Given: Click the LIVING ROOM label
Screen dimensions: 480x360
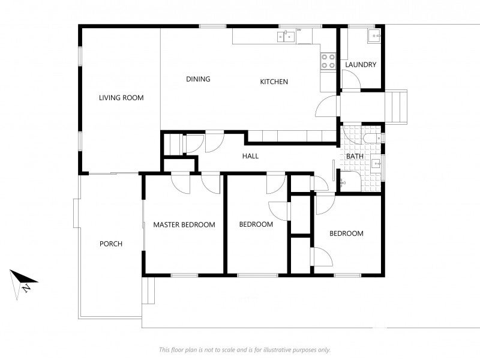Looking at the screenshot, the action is (x=121, y=98).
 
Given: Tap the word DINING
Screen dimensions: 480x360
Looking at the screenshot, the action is (x=198, y=79).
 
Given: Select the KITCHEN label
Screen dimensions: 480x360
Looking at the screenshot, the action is (x=274, y=82).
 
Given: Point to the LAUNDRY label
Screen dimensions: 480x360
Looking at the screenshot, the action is (x=361, y=65).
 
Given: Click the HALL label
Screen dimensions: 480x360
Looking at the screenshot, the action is (x=250, y=156).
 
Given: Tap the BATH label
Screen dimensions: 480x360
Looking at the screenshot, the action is (x=355, y=156).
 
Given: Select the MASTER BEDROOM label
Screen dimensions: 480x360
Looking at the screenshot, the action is (x=184, y=224).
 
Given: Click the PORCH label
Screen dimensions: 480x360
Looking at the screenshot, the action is (x=111, y=244).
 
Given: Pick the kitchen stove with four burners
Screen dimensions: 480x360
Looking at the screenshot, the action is (x=328, y=61).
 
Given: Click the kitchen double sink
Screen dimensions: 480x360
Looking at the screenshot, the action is (x=286, y=37).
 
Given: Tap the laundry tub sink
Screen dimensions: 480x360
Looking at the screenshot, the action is (x=374, y=36).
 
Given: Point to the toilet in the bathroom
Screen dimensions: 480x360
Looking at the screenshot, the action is (x=373, y=139).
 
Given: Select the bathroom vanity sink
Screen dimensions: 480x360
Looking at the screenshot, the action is (x=377, y=164).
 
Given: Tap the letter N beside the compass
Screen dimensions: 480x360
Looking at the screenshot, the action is (x=26, y=288).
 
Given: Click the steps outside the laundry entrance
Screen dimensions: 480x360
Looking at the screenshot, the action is (x=396, y=107).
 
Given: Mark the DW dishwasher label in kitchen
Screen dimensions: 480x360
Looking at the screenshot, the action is (x=299, y=30).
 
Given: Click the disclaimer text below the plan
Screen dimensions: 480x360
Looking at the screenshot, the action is (x=245, y=350).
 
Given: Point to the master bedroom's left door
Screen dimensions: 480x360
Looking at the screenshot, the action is (x=181, y=184).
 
